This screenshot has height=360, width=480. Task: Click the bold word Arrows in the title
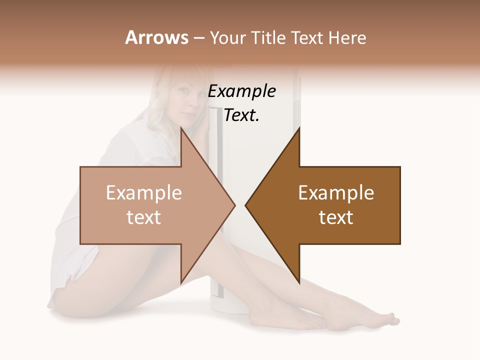156,37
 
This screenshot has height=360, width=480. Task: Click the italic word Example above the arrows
241,91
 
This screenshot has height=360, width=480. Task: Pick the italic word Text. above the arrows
241,115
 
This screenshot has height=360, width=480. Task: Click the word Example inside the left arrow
143,193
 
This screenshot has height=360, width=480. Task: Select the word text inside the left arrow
143,217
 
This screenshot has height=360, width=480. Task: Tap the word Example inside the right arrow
336,193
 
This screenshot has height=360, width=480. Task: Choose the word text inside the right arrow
336,217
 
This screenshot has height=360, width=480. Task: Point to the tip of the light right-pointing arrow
234,205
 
